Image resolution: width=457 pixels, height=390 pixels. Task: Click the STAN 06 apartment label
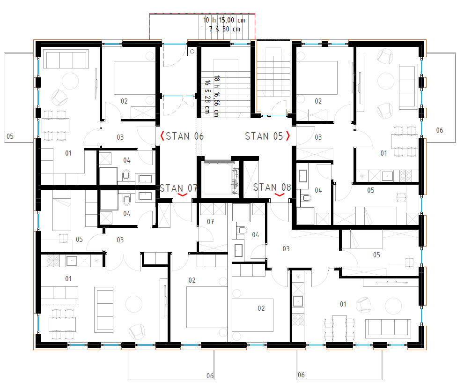[x=184, y=136]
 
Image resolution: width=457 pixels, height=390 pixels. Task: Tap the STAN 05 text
[x=264, y=136]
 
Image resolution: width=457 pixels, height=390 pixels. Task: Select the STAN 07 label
[x=178, y=188]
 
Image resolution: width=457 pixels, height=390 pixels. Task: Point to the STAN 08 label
[x=272, y=187]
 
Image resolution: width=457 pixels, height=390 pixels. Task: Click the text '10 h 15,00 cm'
[x=224, y=20]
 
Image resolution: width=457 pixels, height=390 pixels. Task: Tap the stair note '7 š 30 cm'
[x=224, y=29]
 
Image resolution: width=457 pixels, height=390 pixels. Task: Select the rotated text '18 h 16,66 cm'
[x=216, y=96]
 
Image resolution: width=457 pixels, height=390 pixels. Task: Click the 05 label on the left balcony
[x=10, y=136]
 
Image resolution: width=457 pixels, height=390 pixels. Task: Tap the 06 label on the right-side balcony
[x=440, y=130]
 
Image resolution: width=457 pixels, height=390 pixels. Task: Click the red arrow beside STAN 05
[x=288, y=136]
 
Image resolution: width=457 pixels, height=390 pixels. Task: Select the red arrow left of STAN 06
[x=162, y=136]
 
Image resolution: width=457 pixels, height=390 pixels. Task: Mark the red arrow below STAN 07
[x=183, y=195]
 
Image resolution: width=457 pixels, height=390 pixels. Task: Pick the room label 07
[x=210, y=222]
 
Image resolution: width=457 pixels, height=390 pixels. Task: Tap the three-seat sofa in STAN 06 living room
[x=66, y=60]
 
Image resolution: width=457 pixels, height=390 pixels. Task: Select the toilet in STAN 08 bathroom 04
[x=242, y=231]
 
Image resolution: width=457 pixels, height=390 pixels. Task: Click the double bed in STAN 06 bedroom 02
[x=135, y=78]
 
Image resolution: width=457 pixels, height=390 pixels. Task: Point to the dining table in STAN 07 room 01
[x=62, y=324]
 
